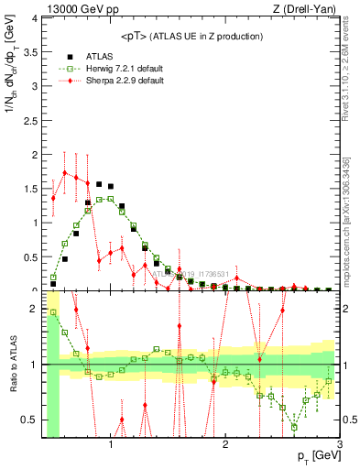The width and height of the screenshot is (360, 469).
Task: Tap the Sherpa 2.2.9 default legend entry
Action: [112, 80]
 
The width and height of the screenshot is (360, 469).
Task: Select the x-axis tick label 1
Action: [111, 445]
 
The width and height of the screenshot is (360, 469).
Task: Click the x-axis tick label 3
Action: [339, 445]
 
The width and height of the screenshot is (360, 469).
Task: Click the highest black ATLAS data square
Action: [99, 184]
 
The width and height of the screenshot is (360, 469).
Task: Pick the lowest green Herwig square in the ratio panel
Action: [294, 427]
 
